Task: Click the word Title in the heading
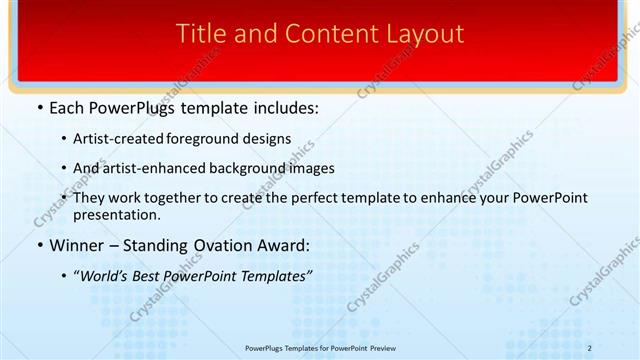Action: point(200,33)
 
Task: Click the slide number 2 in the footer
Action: point(590,348)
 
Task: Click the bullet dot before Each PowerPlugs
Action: point(39,108)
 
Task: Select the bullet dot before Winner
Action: point(39,244)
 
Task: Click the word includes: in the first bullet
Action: point(285,108)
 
